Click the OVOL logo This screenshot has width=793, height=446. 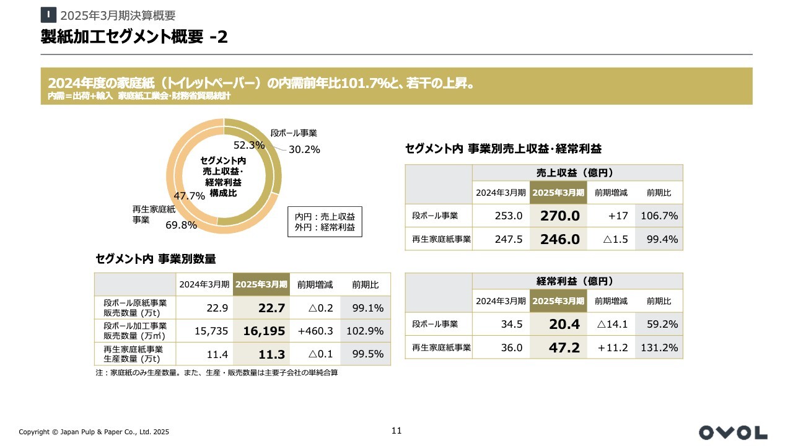point(733,432)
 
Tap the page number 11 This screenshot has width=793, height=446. point(396,431)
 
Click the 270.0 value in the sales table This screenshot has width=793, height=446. point(559,216)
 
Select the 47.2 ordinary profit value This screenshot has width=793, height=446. point(564,348)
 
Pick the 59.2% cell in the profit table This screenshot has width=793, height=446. point(659,324)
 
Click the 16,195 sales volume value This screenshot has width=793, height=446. point(264,331)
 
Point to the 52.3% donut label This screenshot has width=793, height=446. point(249,145)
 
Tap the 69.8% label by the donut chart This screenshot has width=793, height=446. point(181,225)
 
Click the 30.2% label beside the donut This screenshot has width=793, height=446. point(304,149)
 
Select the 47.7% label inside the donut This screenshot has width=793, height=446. point(189,196)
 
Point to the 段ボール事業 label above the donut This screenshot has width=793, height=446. point(294,133)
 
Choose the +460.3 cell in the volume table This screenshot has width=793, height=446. point(315,331)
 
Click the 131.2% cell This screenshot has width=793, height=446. point(659,348)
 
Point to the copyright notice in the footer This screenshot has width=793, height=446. point(94,432)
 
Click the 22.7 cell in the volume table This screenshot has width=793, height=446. point(272,308)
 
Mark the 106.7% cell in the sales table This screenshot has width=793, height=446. point(659,216)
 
